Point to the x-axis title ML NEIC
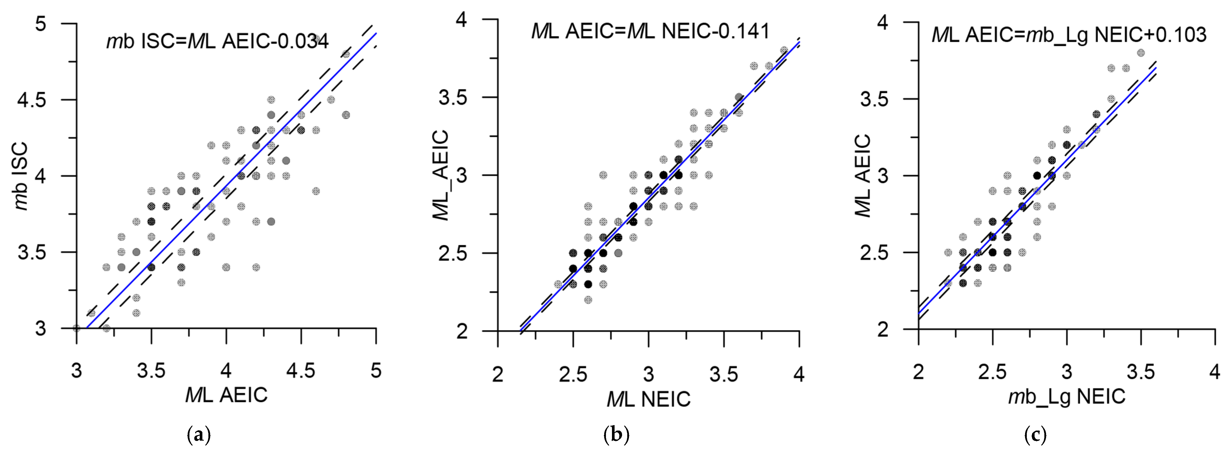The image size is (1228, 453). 648,399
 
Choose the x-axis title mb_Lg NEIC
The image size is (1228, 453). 1067,396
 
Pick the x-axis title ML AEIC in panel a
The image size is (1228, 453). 227,395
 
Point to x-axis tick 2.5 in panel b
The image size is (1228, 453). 573,374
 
